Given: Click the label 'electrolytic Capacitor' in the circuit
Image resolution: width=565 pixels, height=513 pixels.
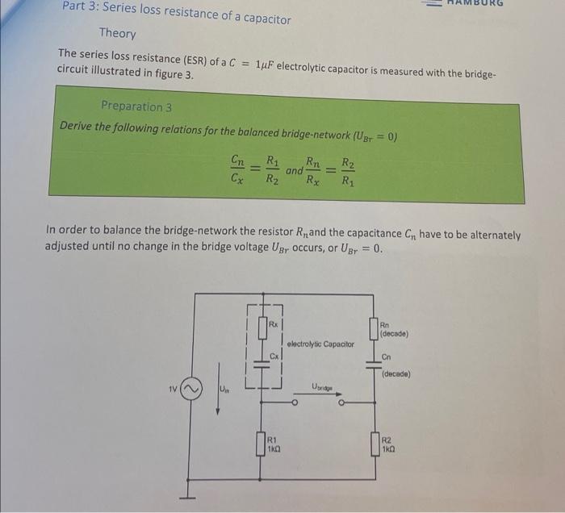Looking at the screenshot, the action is pos(320,344).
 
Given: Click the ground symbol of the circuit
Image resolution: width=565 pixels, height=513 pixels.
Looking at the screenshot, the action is pos(190,487).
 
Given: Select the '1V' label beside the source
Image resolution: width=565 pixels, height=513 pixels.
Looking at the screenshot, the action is pos(171,393).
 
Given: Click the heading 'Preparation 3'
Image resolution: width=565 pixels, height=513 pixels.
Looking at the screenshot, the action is pos(136,106).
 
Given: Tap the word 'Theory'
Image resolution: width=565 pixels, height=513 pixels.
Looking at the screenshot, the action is pos(117,34).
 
